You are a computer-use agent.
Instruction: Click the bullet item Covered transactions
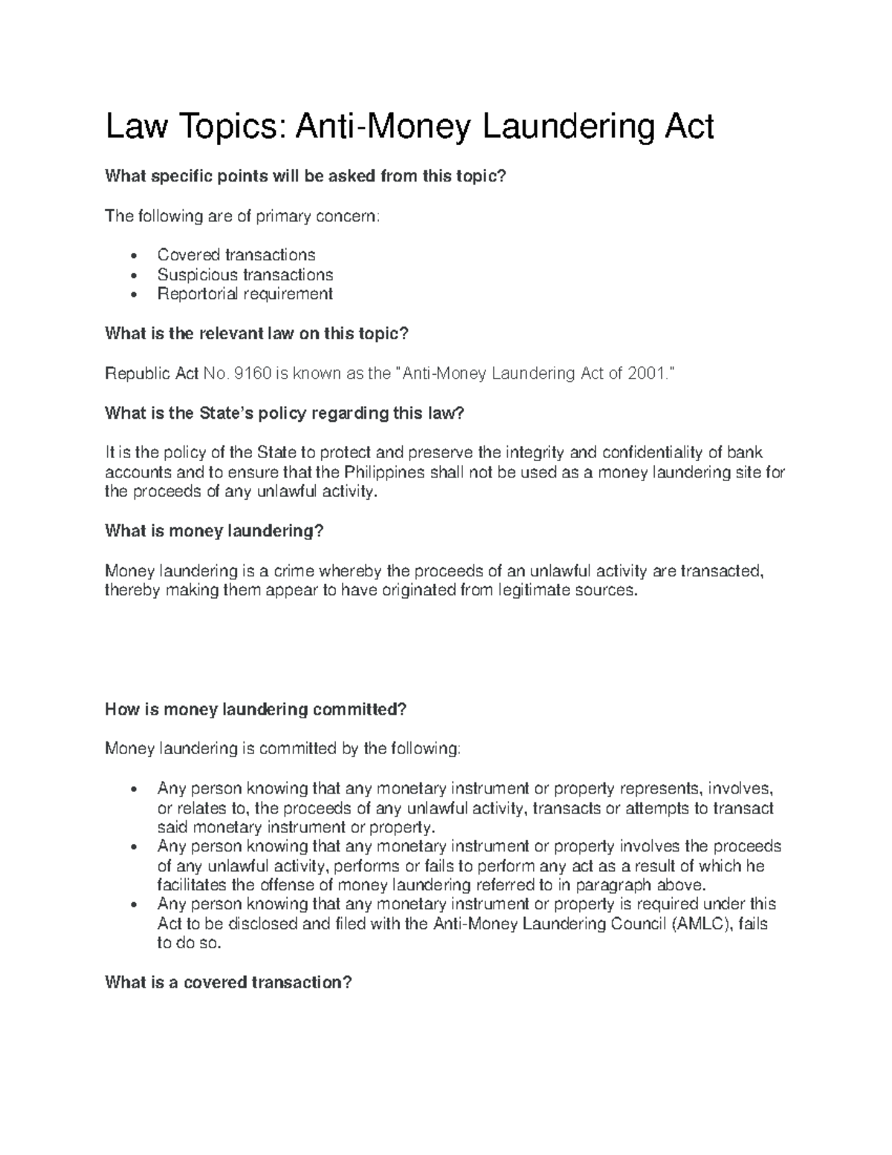tap(236, 255)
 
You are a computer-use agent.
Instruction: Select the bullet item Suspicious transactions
tap(245, 274)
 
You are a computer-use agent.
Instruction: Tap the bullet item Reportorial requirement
tap(245, 294)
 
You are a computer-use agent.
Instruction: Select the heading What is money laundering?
tap(215, 531)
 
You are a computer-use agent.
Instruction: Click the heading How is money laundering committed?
tap(256, 710)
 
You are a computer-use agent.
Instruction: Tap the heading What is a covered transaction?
tap(228, 982)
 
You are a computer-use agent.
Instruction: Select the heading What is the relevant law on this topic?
tap(257, 334)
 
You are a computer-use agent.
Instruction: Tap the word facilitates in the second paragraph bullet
tap(193, 885)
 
